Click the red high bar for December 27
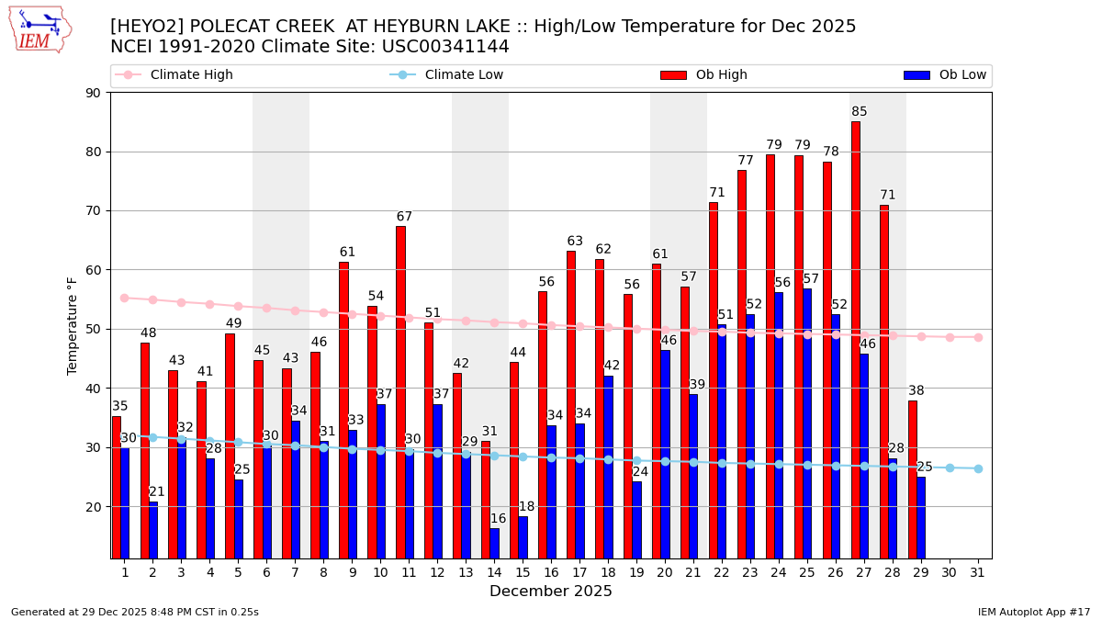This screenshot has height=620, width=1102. (856, 340)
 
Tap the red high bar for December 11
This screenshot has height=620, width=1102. (400, 392)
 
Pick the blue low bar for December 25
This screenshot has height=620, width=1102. (807, 423)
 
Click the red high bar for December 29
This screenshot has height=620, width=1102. (913, 479)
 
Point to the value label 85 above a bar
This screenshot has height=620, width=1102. (859, 112)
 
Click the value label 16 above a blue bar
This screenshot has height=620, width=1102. (498, 519)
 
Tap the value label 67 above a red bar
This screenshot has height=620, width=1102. (404, 217)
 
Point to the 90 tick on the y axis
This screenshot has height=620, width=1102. (94, 93)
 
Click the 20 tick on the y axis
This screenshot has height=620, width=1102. (94, 507)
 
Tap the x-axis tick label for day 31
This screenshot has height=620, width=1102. (978, 572)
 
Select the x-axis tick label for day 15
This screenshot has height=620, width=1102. (523, 572)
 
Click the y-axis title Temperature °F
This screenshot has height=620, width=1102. (73, 325)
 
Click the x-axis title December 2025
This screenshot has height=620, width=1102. (550, 592)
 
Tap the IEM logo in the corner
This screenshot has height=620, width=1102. (39, 29)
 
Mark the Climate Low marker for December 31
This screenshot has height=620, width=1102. (978, 468)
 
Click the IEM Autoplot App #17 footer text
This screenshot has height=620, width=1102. (1034, 612)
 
